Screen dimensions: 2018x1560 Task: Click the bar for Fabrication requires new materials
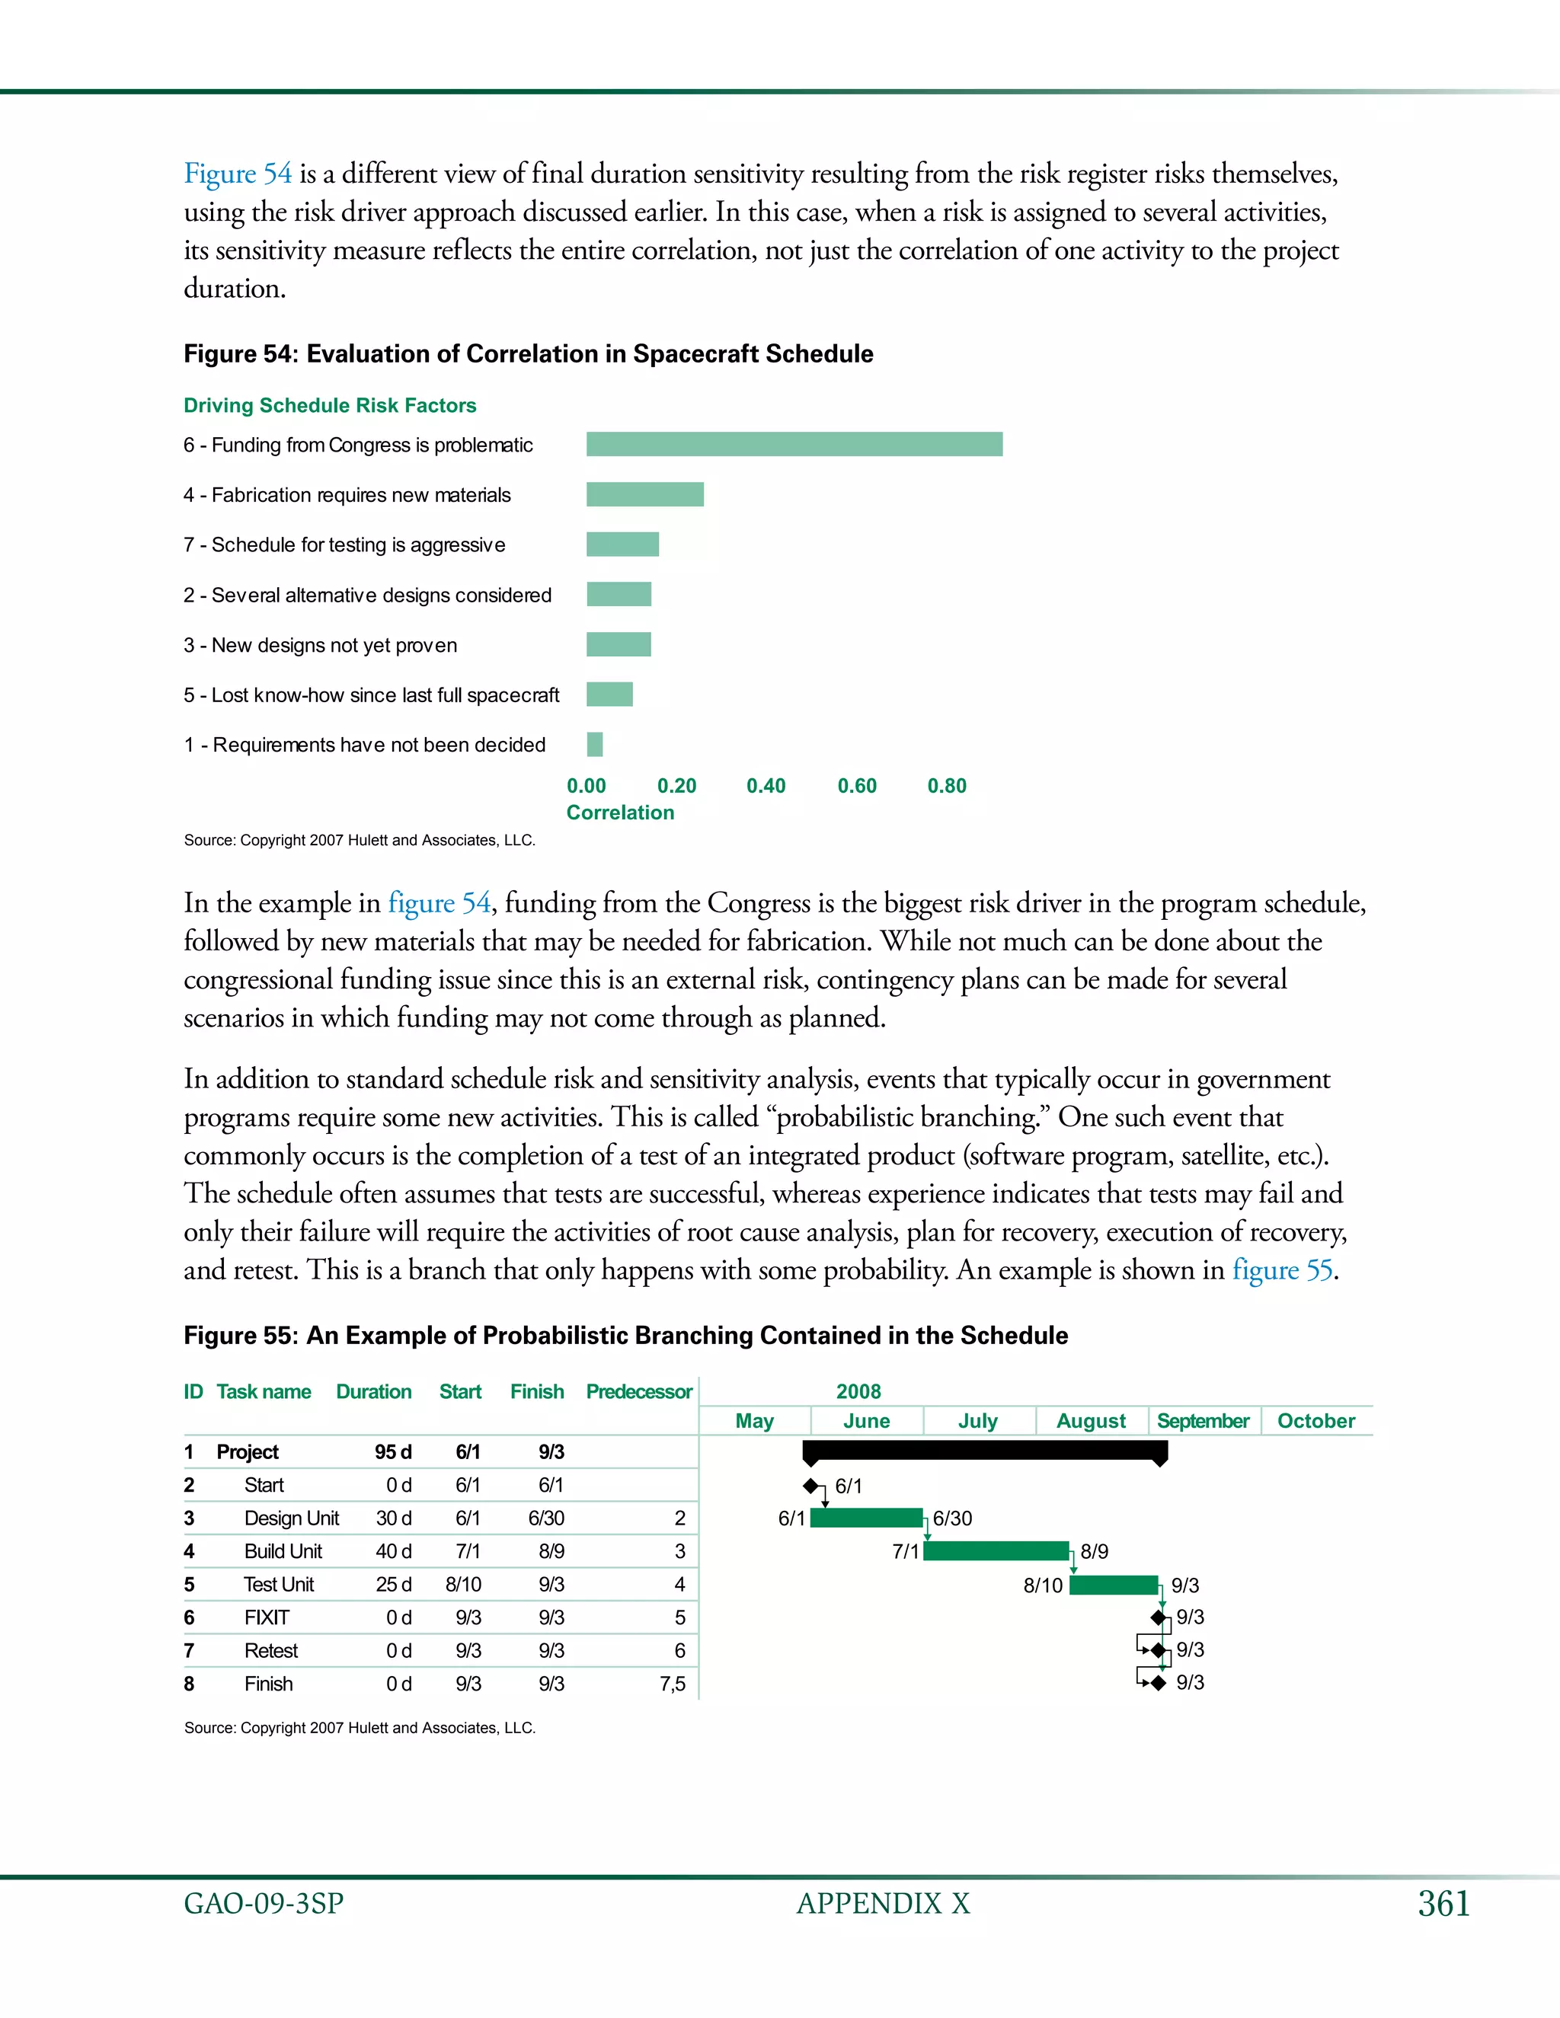coord(644,494)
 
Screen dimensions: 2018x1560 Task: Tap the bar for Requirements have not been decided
coord(594,744)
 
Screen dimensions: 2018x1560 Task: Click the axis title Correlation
coord(620,813)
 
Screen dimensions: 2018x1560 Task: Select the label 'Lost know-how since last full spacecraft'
coord(371,694)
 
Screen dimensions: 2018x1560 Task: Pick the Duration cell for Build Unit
coord(393,1551)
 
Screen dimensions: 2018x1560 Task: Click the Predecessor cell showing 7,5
coord(672,1684)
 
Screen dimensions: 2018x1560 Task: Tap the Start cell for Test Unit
coord(463,1585)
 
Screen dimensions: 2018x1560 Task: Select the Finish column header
coord(537,1391)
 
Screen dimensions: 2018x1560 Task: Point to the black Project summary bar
coord(984,1451)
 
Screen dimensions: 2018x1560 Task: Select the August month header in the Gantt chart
coord(1091,1421)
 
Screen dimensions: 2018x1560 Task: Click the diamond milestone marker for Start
coord(810,1486)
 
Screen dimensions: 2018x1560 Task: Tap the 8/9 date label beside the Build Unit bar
coord(1095,1551)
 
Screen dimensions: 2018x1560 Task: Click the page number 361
coord(1443,1905)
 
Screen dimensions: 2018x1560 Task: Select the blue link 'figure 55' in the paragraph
coord(1282,1269)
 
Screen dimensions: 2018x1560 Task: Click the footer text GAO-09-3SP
coord(264,1905)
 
